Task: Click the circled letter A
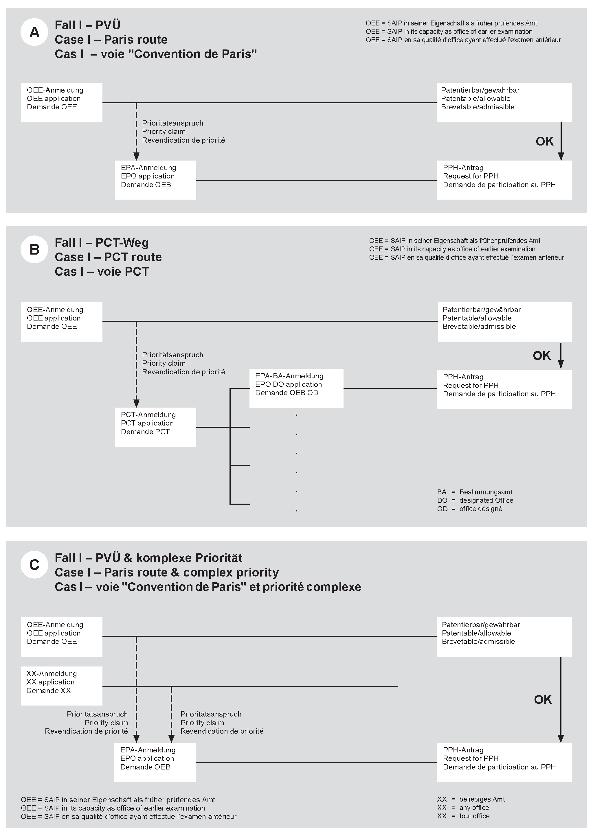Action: coord(34,32)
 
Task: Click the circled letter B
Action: coord(34,250)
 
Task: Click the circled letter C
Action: coord(34,564)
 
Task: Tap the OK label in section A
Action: coord(544,141)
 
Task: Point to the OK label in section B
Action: coord(541,356)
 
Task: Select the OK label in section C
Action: coord(543,699)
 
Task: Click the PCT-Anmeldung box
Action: coord(155,427)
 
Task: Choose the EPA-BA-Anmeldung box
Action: coord(296,388)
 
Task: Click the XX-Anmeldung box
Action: coord(61,686)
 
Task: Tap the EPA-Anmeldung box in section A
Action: coord(155,180)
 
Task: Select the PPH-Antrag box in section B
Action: coord(504,389)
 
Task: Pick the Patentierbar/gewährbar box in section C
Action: coord(504,636)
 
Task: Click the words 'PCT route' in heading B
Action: coord(133,257)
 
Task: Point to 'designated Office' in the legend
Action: coord(486,500)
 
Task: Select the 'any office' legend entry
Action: coord(474,808)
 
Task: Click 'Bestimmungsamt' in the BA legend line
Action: coord(486,492)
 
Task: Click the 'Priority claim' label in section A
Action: coord(164,132)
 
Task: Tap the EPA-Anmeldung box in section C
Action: coord(155,762)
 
